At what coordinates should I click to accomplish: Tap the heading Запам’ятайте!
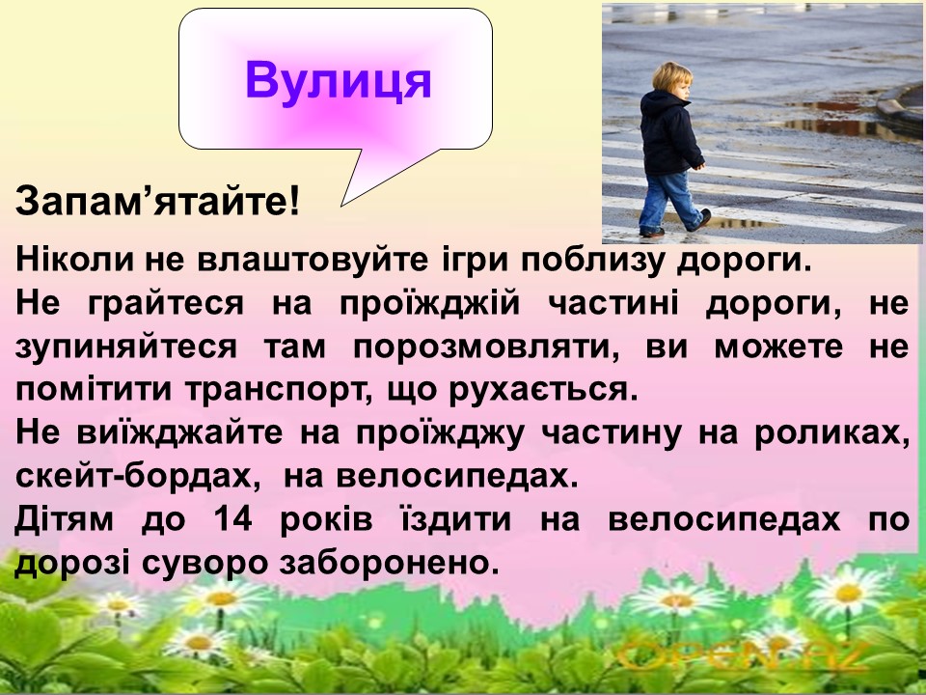(x=157, y=201)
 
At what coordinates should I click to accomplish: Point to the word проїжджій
(x=430, y=304)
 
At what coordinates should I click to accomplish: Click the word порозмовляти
(x=486, y=347)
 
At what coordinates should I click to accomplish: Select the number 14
(x=232, y=518)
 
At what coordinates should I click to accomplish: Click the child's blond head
(x=671, y=79)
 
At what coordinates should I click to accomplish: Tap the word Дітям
(x=64, y=518)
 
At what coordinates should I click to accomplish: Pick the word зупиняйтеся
(x=125, y=347)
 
